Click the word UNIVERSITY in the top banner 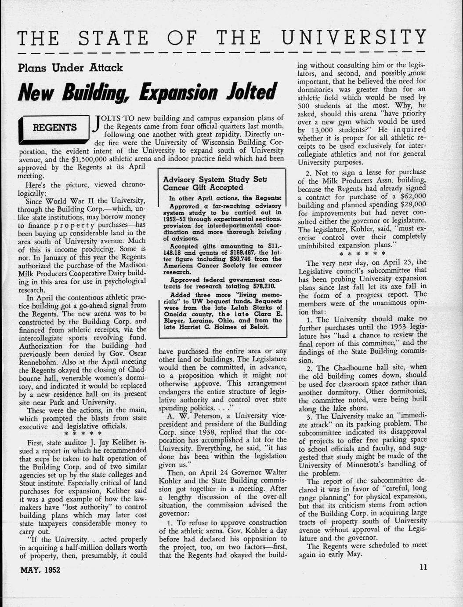coord(354,37)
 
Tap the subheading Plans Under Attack coord(70,68)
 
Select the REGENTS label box coord(55,128)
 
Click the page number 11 coord(423,567)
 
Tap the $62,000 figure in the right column coord(413,196)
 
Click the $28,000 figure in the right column coord(413,205)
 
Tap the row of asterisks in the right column coord(362,254)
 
